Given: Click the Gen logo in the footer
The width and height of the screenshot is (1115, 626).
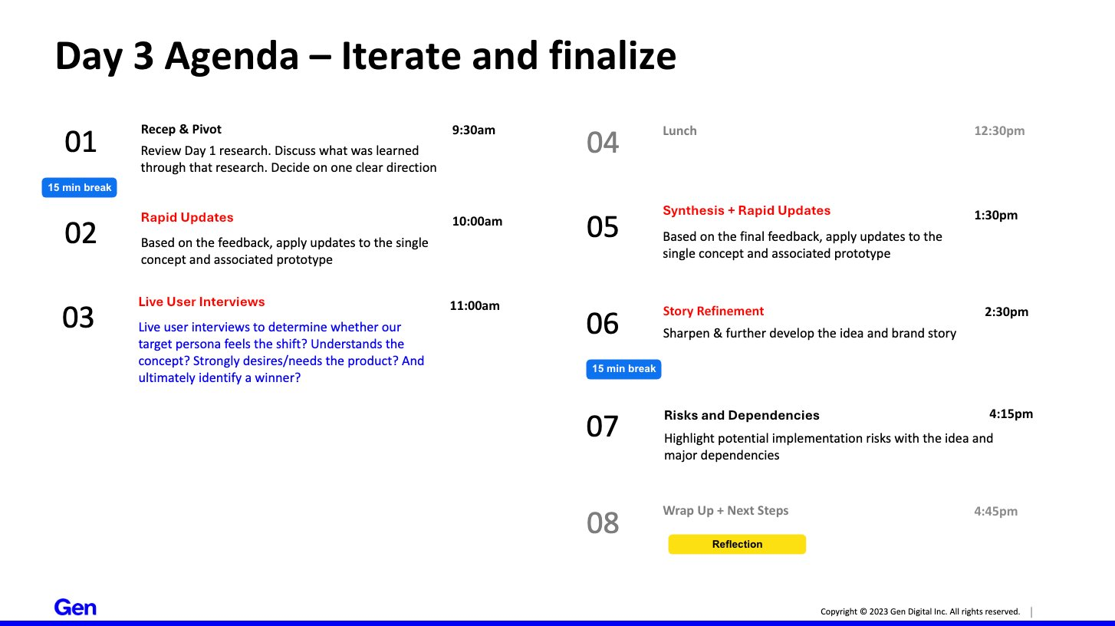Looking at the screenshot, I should point(75,608).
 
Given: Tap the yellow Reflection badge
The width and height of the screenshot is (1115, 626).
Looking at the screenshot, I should point(737,544).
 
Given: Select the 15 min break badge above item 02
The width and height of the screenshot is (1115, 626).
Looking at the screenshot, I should point(79,187).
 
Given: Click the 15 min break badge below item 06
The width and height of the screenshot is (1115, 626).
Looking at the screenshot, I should point(623,369).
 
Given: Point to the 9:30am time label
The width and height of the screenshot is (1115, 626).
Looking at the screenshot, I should point(473,130).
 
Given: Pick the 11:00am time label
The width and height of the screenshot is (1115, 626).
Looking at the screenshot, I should point(474,306).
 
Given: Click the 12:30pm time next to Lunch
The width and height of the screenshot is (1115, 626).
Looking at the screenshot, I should point(999,131).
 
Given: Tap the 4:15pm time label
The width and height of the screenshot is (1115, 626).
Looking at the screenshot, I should point(1011,414).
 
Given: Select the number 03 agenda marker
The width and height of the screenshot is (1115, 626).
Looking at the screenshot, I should point(78,318).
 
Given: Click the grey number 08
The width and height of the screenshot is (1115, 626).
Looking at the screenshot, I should point(603,523).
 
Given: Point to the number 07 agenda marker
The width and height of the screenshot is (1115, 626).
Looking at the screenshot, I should point(603,427).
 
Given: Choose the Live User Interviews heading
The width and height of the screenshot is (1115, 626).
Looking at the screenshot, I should point(202,302).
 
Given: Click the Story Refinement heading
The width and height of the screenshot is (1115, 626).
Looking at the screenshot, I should point(713,311).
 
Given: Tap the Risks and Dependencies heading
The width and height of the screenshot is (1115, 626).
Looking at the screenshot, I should point(742,416).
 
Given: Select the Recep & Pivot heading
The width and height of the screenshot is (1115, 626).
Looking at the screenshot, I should point(181,130).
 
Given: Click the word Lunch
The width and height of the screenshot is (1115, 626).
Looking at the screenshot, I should point(679,131).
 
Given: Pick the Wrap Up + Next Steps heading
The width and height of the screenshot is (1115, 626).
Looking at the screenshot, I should point(725,511).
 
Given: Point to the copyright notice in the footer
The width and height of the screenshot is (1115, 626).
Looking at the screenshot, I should point(919,611).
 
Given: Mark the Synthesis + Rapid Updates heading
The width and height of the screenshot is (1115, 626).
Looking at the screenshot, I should point(746,211).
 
